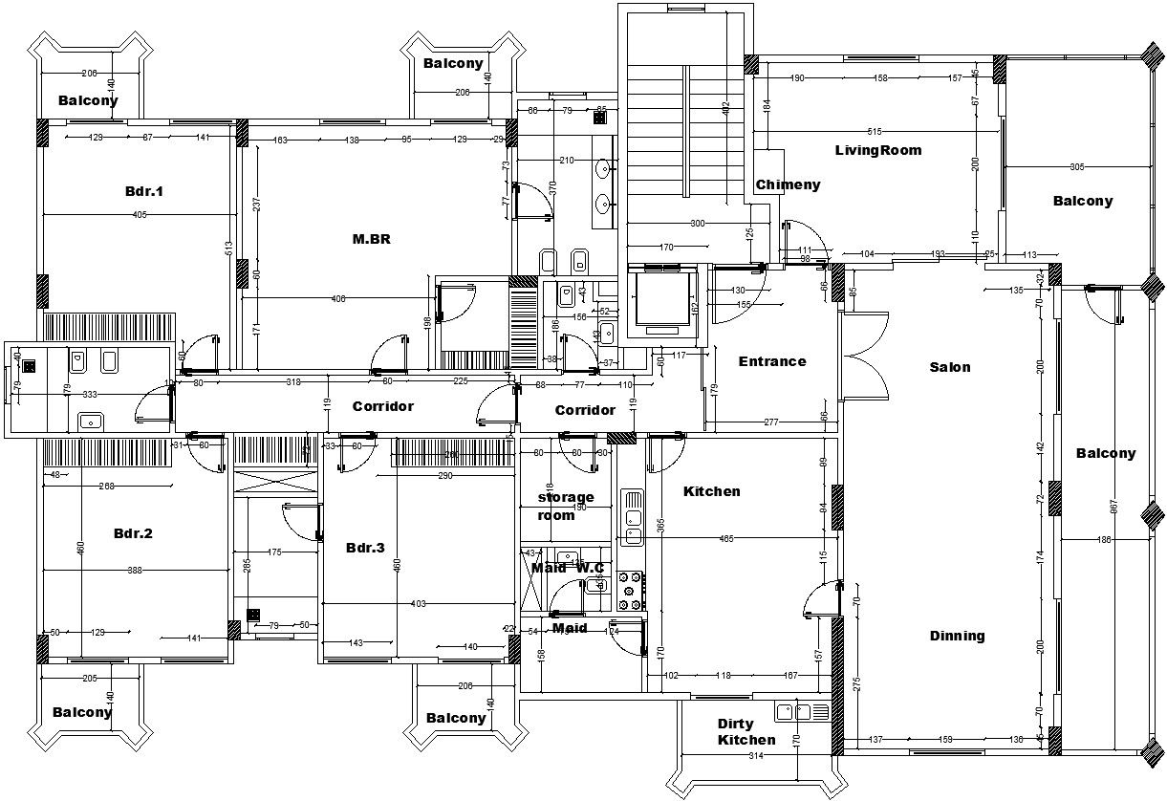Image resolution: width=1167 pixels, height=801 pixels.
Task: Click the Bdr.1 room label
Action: coord(144,191)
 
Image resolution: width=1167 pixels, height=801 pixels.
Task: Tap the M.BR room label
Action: coord(372,239)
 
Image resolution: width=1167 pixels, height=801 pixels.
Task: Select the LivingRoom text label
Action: coord(878,150)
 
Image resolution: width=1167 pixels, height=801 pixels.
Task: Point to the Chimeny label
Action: coord(788,184)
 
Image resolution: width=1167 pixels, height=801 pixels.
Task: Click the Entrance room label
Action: coord(772,361)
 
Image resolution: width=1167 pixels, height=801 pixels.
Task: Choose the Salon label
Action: coord(950,367)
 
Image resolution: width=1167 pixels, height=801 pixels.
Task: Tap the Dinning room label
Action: coord(957,636)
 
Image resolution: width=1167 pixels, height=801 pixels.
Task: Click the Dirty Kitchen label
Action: coord(746,732)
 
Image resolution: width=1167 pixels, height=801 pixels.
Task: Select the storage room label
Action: coord(566,507)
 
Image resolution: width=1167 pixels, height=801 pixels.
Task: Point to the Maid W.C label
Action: coord(568,568)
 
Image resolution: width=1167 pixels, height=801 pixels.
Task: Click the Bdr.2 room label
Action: coord(133,533)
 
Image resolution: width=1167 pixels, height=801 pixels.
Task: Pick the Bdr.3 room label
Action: coord(365,548)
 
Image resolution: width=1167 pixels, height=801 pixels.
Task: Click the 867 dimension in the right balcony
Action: coord(1113,507)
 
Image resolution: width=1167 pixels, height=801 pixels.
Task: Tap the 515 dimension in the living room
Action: coord(874,131)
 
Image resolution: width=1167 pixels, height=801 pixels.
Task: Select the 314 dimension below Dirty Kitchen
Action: coord(756,756)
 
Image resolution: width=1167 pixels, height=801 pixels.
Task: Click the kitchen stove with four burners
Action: coord(632,591)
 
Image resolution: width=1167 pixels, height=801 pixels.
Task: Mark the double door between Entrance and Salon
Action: coord(866,356)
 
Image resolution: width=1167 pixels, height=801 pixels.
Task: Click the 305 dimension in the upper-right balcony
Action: coord(1077,167)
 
